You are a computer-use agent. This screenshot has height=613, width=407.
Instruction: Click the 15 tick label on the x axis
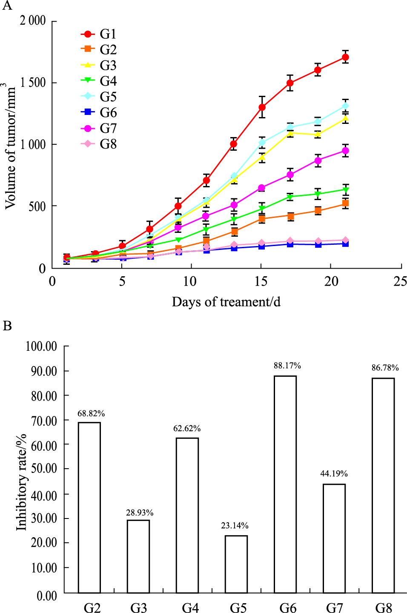coord(261,281)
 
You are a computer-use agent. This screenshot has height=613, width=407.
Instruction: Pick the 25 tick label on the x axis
coord(400,281)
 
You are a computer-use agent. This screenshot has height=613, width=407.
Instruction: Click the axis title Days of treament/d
coord(226,302)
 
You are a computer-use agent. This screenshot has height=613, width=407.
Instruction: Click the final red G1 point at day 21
coord(345,57)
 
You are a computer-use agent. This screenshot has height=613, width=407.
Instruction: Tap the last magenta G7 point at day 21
coord(345,151)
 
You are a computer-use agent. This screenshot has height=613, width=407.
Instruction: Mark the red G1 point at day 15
coord(262,107)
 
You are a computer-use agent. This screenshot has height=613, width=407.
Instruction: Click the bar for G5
coord(236,564)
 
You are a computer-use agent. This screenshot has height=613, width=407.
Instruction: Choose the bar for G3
coord(138,556)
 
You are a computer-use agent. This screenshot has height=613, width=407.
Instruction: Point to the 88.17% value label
coord(287,366)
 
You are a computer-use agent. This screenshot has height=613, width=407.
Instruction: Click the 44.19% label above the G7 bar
coord(334,473)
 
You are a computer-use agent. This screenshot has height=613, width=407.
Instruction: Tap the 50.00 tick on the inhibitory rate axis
coord(44,469)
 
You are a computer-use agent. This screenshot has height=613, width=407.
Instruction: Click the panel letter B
coord(7,326)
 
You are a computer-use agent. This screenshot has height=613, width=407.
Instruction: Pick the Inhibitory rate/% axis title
coord(21,482)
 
